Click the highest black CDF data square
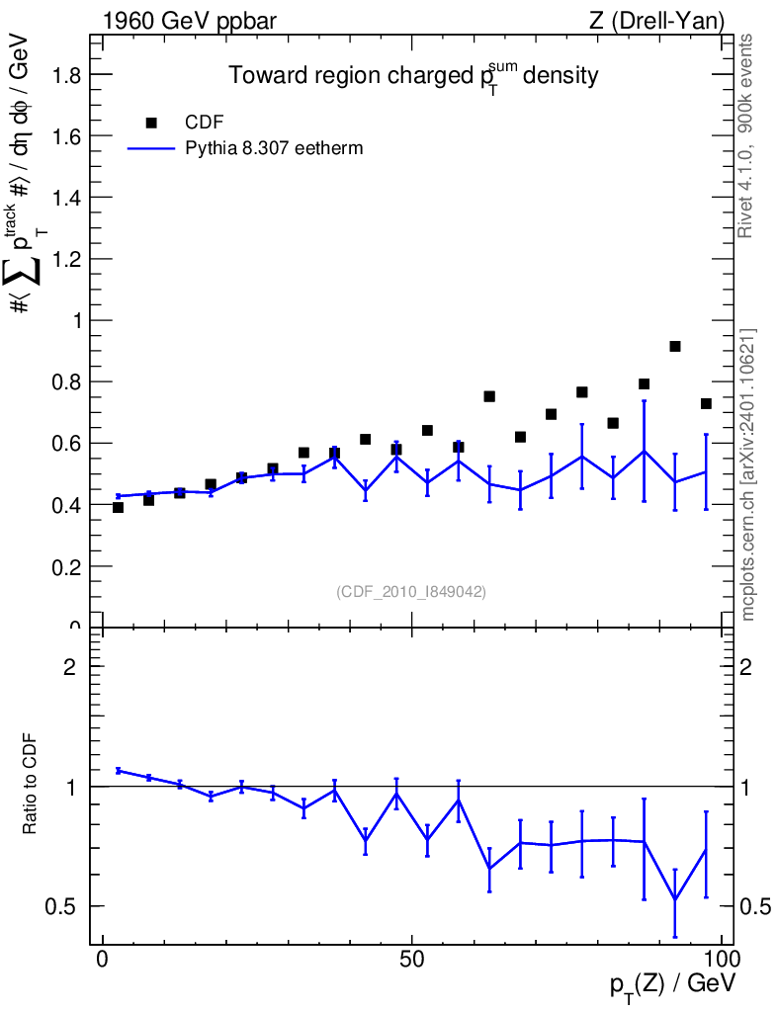675,347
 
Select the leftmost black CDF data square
118,507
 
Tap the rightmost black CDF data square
706,404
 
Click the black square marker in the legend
151,123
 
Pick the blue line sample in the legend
151,148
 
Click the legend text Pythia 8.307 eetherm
274,148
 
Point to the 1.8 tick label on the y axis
67,74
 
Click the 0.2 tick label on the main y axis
67,566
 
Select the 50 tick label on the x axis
412,959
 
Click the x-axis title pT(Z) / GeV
673,985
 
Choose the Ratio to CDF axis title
30,784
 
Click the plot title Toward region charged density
413,75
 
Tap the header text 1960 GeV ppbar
190,22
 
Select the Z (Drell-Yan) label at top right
656,22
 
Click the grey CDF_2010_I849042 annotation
411,591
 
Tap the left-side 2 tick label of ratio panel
69,667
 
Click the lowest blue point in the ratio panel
675,899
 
